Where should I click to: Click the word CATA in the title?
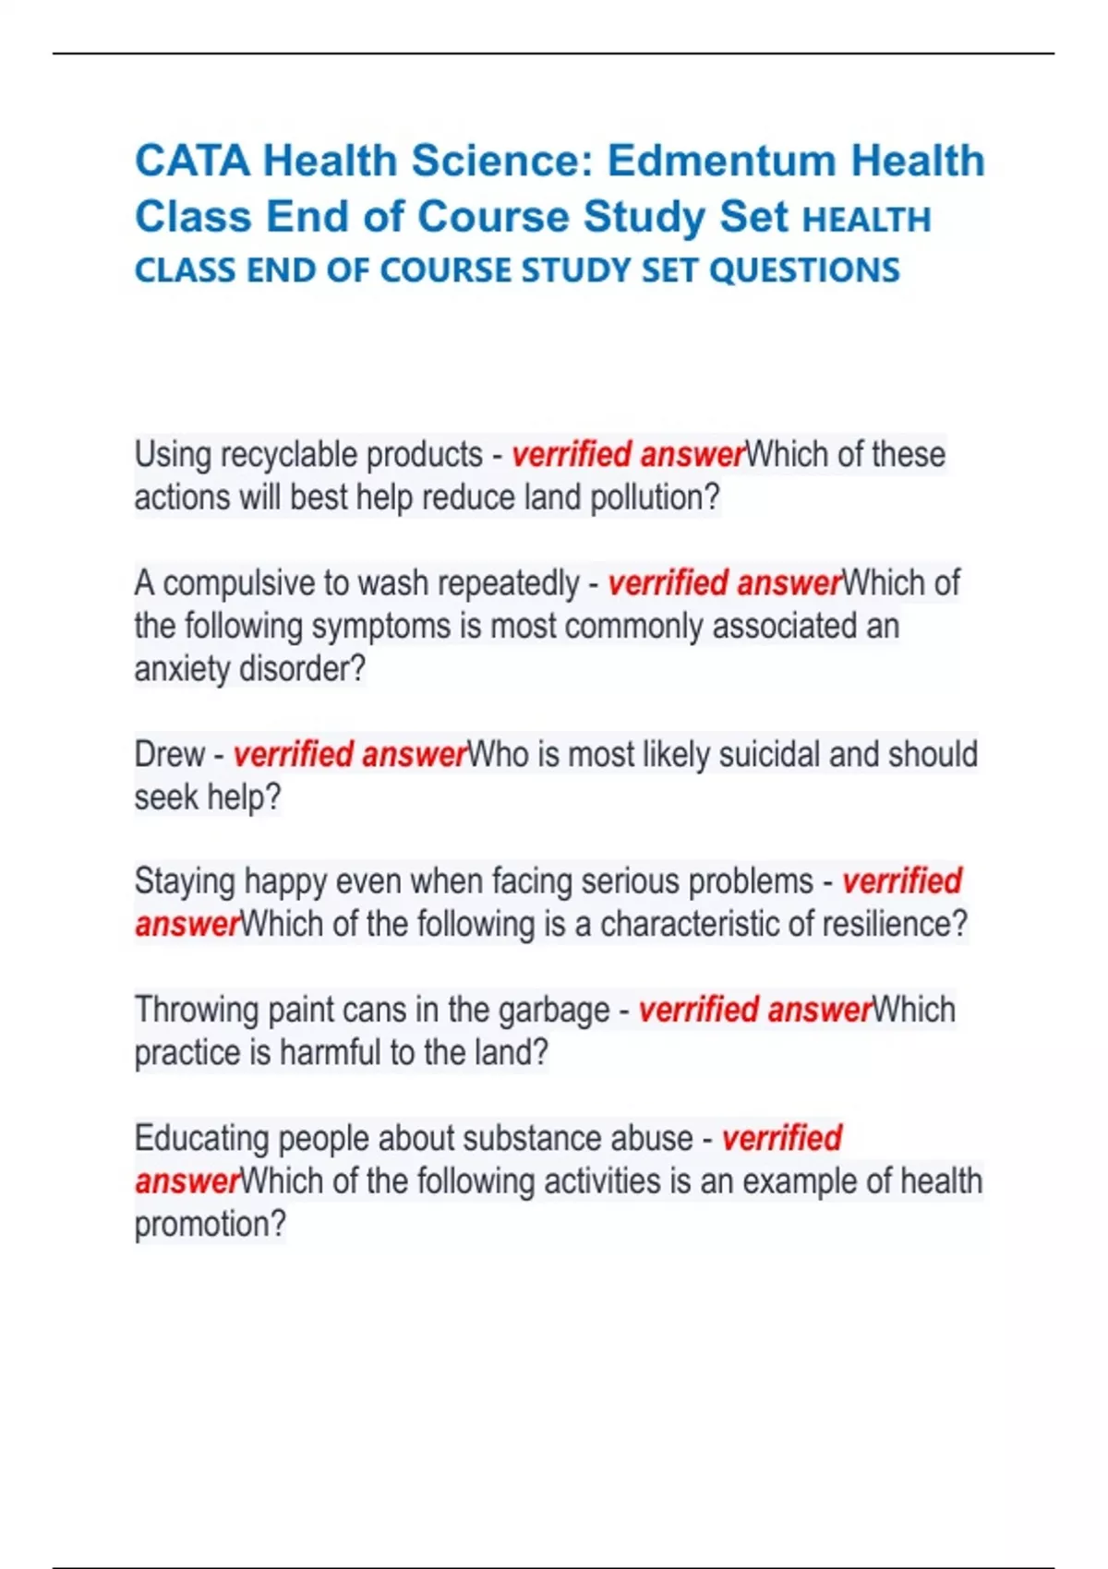pyautogui.click(x=192, y=161)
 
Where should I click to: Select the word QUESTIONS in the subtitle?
pyautogui.click(x=804, y=270)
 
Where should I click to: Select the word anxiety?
pyautogui.click(x=182, y=669)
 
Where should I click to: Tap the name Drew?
pyautogui.click(x=169, y=755)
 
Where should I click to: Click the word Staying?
pyautogui.click(x=185, y=881)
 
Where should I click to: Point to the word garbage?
pyautogui.click(x=553, y=1010)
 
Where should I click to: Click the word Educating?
pyautogui.click(x=201, y=1138)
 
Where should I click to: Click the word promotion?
pyautogui.click(x=209, y=1225)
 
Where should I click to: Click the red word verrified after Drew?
pyautogui.click(x=293, y=755)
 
